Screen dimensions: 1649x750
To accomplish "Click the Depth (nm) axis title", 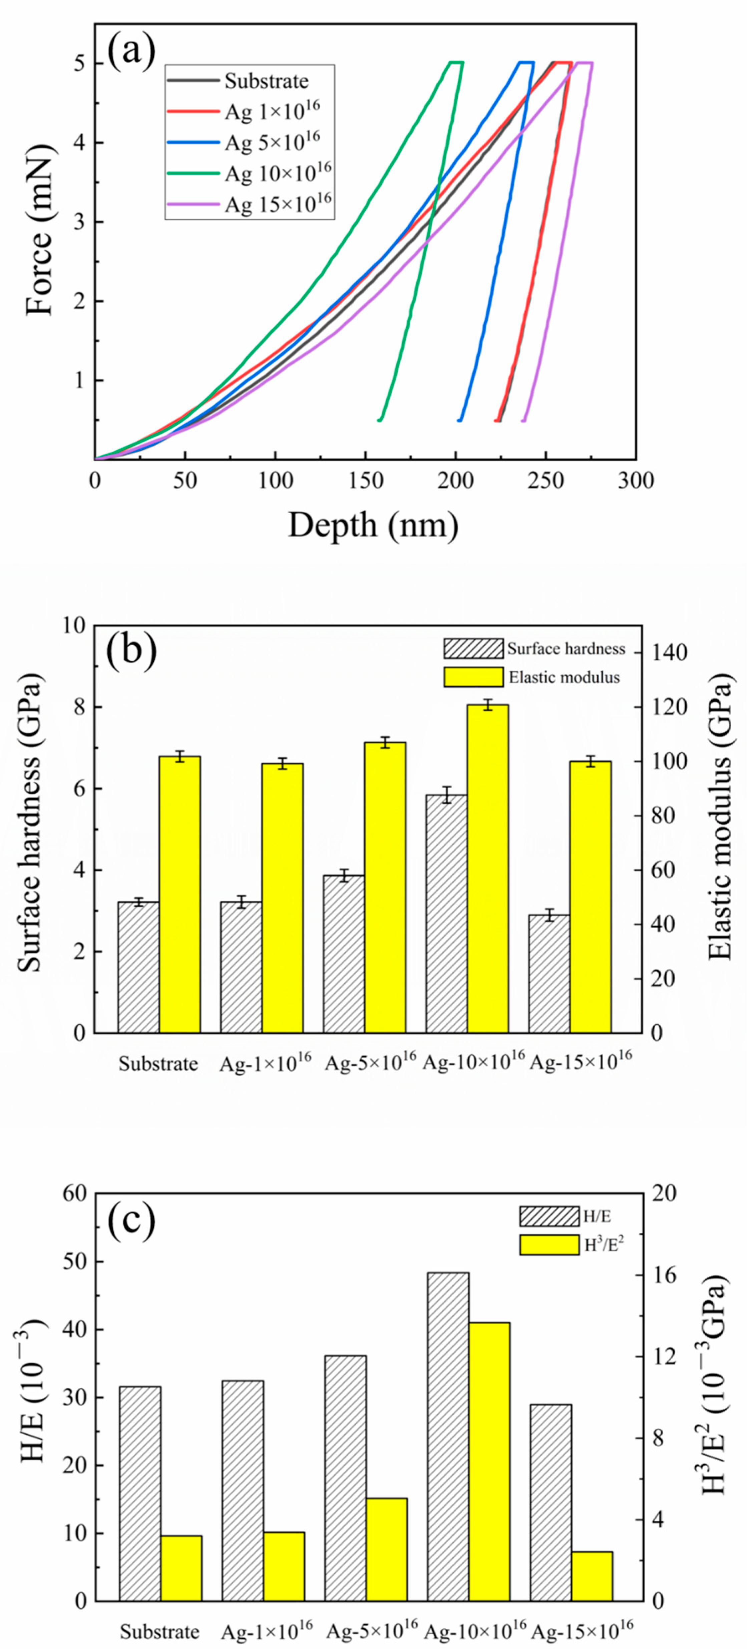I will point(373,526).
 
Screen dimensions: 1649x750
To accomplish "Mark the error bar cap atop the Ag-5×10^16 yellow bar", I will point(385,737).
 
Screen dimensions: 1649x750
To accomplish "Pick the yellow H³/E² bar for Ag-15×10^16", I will point(592,1576).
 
